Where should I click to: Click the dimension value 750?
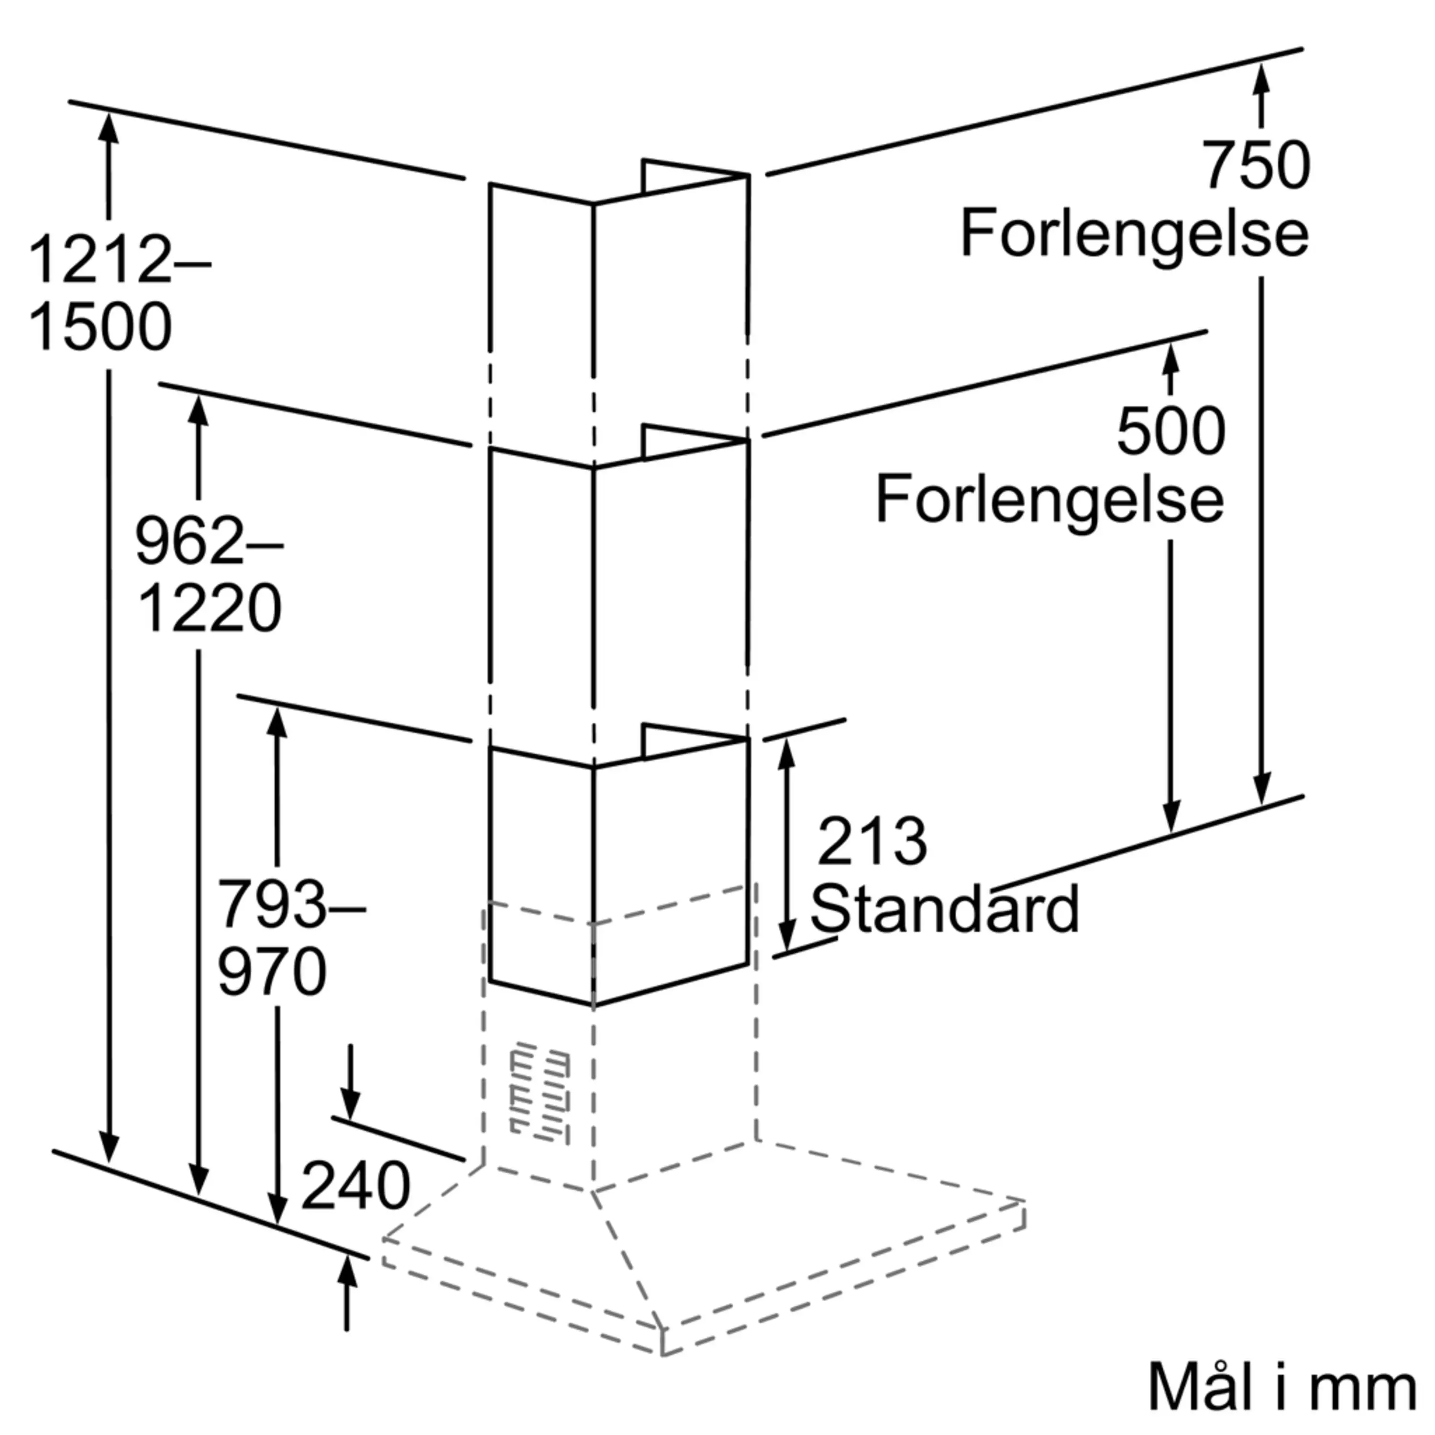coord(1257,165)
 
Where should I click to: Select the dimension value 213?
coord(872,841)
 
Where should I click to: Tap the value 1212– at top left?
coord(119,260)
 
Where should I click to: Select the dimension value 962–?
coord(209,541)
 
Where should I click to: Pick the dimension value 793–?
coord(290,904)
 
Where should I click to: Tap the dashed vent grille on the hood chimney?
coord(540,1092)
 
